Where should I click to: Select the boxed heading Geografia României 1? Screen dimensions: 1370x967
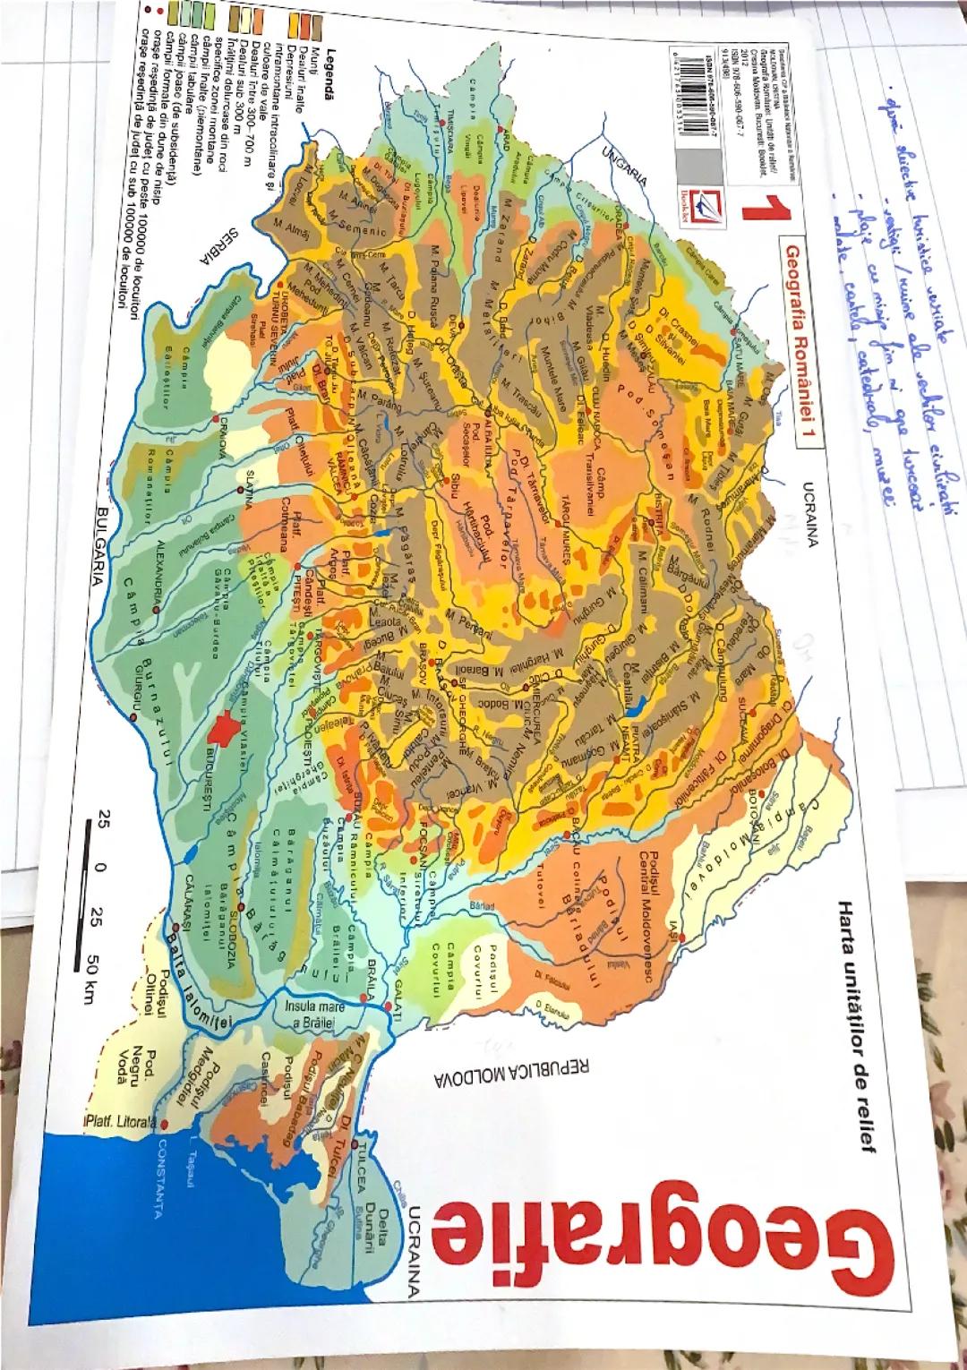[x=792, y=339]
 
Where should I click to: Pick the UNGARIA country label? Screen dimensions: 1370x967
[x=627, y=164]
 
